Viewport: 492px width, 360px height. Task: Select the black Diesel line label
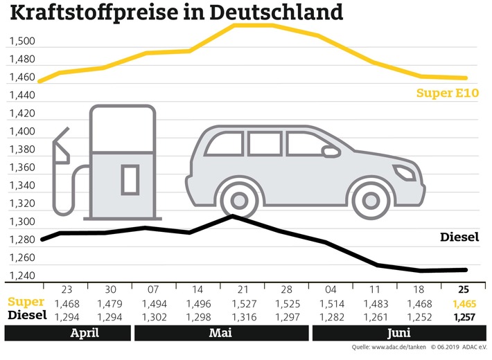pos(459,237)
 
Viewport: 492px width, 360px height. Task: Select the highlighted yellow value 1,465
pos(462,302)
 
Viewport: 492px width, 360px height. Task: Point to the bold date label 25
pos(462,289)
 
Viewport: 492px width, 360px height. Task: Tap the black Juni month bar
pos(398,333)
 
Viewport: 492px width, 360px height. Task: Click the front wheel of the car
pos(367,197)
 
